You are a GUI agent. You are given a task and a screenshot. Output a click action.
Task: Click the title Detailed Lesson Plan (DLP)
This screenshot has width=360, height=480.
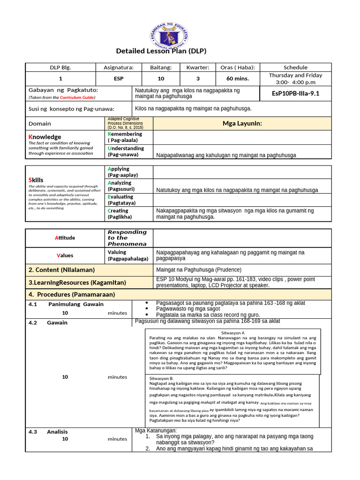161,51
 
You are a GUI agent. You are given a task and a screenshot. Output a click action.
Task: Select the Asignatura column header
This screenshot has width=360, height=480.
119,67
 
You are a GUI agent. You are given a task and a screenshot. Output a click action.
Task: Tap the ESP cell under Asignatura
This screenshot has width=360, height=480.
119,79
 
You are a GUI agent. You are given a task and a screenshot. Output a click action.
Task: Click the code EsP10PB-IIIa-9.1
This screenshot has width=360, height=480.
295,93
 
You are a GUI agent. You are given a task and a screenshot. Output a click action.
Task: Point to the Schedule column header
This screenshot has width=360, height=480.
295,67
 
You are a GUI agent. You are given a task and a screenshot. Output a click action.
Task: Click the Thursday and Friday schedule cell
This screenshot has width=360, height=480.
295,78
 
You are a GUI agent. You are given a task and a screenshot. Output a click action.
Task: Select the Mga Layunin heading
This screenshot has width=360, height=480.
242,124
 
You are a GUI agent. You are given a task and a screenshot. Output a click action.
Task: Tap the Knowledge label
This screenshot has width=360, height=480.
45,137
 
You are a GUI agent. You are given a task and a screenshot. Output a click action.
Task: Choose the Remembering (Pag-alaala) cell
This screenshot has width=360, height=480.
125,137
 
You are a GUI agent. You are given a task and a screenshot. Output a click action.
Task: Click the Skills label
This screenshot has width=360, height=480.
36,180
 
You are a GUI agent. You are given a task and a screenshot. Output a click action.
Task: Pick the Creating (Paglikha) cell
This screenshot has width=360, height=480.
120,214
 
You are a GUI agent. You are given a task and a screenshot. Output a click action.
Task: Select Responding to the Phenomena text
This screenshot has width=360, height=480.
127,238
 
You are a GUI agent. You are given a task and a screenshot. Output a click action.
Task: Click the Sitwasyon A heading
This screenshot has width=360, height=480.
232,332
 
